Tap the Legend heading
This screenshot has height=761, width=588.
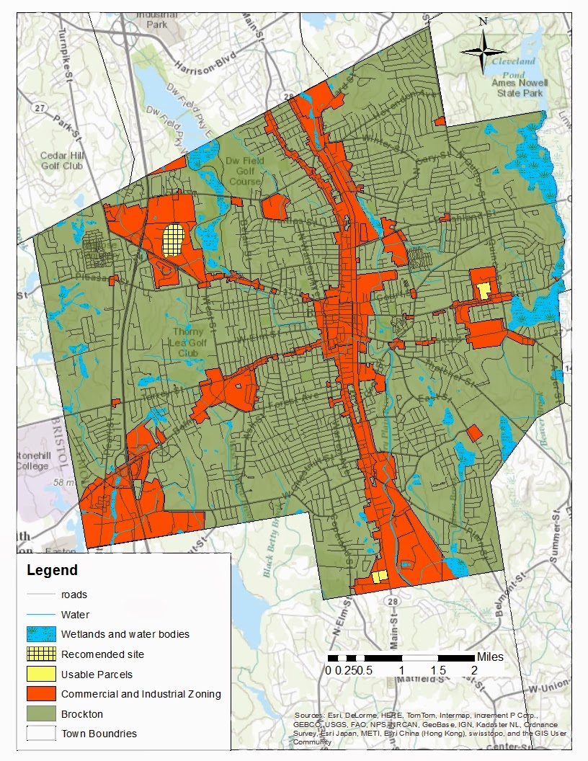pos(52,571)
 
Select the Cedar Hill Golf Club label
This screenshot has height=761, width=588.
pos(61,161)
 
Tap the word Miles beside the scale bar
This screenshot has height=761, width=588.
pos(490,657)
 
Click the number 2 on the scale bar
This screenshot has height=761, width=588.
pos(473,670)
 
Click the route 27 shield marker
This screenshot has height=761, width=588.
pos(40,108)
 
